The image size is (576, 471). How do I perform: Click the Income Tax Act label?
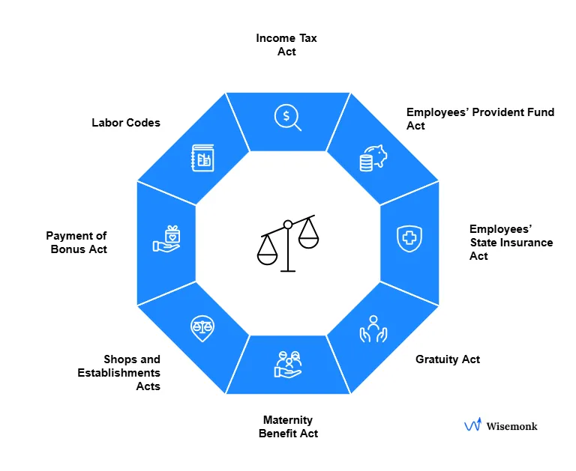click(286, 45)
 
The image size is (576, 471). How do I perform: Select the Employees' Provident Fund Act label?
click(480, 119)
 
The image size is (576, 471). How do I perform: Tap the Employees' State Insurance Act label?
click(511, 243)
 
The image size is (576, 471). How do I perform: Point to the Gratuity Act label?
click(448, 359)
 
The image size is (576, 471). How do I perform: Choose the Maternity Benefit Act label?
click(288, 427)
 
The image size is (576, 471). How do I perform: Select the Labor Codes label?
click(126, 122)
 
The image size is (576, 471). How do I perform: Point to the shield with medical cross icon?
click(409, 238)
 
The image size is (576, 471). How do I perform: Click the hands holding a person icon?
click(373, 328)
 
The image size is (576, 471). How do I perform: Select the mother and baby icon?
click(288, 363)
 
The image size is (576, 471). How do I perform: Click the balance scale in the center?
click(287, 243)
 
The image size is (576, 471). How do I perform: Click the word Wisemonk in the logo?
click(511, 426)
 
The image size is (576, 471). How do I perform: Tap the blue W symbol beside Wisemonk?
click(472, 425)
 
